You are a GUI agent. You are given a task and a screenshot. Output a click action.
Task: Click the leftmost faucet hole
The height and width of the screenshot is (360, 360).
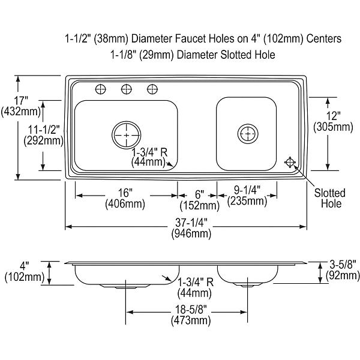[101, 89]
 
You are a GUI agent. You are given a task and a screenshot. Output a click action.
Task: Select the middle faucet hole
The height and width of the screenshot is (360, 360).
[126, 89]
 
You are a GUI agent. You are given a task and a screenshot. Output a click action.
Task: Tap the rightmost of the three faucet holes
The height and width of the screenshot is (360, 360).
[152, 89]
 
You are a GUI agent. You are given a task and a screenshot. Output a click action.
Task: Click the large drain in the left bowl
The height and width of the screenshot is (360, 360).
[127, 135]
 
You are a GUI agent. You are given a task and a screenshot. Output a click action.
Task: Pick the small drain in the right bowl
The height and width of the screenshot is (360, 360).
[248, 134]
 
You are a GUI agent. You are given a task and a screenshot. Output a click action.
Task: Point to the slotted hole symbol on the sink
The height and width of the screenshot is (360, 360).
[290, 163]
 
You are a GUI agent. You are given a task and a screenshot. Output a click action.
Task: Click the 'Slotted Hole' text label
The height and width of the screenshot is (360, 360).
[330, 198]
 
